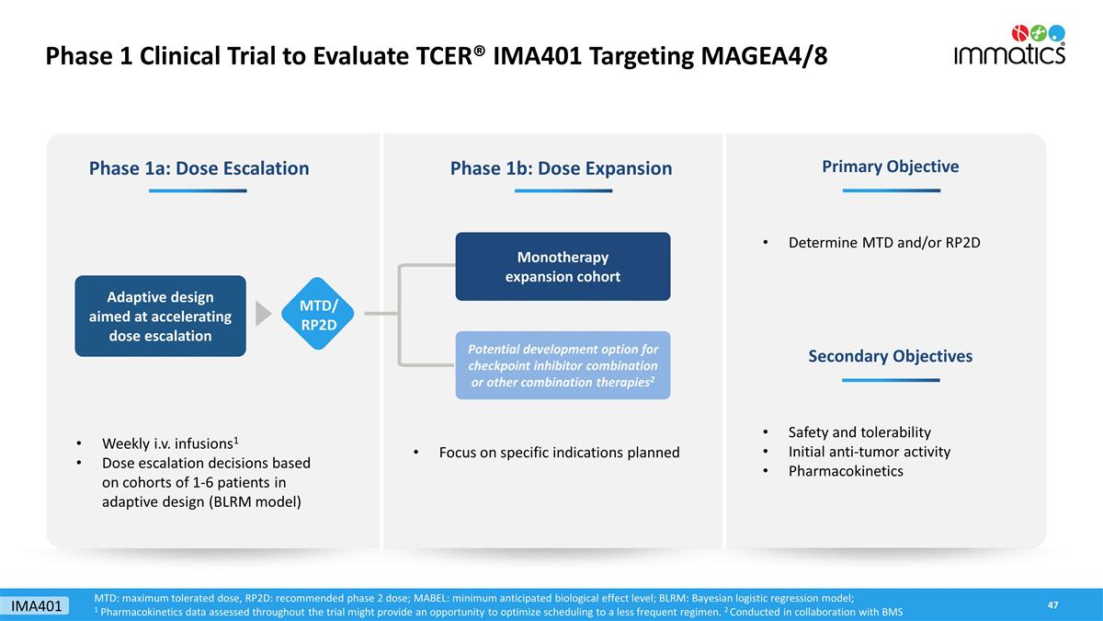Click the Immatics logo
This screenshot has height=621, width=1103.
[x=1009, y=45]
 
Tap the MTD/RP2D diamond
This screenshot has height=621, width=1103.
[x=318, y=314]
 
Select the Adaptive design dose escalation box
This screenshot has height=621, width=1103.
[x=160, y=316]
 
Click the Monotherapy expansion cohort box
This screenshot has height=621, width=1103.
[x=563, y=266]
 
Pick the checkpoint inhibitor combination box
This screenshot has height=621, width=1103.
[x=563, y=365]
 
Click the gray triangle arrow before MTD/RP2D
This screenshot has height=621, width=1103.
[x=263, y=313]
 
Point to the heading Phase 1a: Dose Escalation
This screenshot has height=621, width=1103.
[x=199, y=168]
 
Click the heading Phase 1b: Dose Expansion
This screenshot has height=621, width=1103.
[x=561, y=168]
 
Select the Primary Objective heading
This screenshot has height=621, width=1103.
[x=890, y=167]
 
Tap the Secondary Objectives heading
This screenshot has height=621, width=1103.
[x=890, y=356]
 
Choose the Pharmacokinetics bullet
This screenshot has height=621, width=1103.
[x=846, y=471]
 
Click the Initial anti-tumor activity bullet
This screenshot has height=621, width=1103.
[x=869, y=452]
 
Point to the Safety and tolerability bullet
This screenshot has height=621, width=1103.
[x=859, y=432]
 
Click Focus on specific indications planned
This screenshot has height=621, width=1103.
[x=559, y=452]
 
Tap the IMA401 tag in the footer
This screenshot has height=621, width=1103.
[x=38, y=605]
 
